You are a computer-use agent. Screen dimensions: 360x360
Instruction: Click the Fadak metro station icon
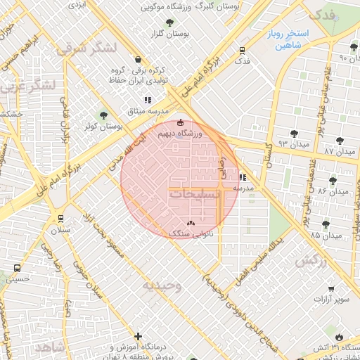click(243, 51)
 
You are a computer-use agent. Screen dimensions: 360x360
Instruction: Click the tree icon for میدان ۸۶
click(333, 181)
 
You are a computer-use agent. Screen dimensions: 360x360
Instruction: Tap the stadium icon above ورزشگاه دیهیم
click(181, 123)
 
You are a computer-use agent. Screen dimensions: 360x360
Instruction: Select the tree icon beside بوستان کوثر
click(104, 115)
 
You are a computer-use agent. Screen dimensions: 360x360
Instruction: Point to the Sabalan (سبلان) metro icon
click(61, 219)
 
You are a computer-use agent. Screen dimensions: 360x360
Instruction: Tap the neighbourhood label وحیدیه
click(162, 285)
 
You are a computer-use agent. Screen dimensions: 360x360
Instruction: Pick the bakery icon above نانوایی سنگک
click(191, 223)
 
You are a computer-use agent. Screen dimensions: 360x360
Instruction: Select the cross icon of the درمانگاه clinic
click(139, 337)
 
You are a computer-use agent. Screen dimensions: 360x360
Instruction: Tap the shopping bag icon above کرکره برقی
click(136, 60)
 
